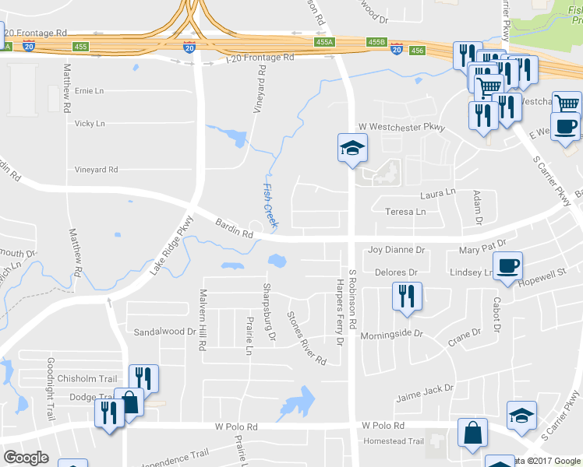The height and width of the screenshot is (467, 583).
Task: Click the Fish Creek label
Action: pyautogui.click(x=269, y=205)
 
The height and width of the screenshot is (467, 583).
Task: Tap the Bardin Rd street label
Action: pyautogui.click(x=235, y=228)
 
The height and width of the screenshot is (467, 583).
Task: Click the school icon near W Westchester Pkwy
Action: pyautogui.click(x=352, y=147)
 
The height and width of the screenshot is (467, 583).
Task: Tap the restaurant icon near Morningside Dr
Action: pyautogui.click(x=406, y=297)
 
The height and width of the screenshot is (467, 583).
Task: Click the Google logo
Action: pyautogui.click(x=26, y=458)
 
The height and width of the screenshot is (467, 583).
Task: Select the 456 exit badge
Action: pyautogui.click(x=418, y=50)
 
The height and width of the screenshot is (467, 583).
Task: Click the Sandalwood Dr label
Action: pyautogui.click(x=164, y=332)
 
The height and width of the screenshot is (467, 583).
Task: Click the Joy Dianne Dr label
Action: pyautogui.click(x=396, y=250)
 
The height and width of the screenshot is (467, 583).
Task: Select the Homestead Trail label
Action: pyautogui.click(x=394, y=441)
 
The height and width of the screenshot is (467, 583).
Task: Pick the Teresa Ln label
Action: pyautogui.click(x=406, y=211)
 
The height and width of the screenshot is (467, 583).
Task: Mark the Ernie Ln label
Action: pyautogui.click(x=88, y=91)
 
